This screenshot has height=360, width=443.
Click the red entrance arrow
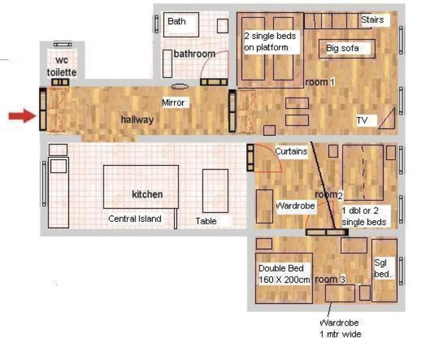[x=22, y=116]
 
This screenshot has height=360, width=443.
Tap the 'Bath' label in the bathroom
[x=176, y=21]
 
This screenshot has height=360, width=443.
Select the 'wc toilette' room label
[x=62, y=67]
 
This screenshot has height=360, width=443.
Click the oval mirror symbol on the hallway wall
[x=180, y=86]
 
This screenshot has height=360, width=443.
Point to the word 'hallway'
[x=137, y=120]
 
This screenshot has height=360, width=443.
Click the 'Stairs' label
[x=373, y=20]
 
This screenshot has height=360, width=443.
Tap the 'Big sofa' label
[x=343, y=49]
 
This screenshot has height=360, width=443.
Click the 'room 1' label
[x=320, y=82]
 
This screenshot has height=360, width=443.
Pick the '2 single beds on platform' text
[x=270, y=42]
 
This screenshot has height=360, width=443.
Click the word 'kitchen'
[x=147, y=194]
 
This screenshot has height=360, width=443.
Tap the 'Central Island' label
[x=135, y=219]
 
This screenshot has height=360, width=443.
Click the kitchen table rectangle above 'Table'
[x=215, y=191]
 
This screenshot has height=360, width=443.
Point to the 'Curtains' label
[x=291, y=151]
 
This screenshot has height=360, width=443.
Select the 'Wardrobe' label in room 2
[x=295, y=205]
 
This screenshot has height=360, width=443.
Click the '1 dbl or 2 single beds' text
[x=364, y=217]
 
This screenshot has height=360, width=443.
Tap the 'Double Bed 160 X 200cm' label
[x=284, y=274]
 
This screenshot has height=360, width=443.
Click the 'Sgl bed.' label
[x=382, y=269]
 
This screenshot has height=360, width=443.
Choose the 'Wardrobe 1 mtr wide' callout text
[x=340, y=329]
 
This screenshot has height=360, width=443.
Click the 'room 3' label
[x=330, y=279]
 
